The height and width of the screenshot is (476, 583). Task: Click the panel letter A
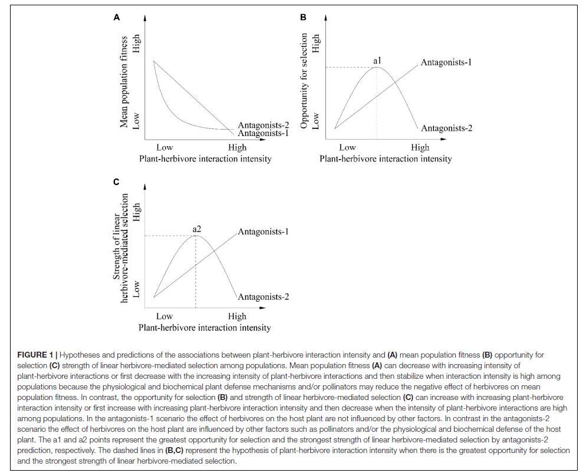click(x=117, y=18)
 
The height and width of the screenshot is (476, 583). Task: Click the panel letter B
click(x=303, y=18)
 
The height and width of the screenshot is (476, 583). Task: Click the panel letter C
click(x=117, y=182)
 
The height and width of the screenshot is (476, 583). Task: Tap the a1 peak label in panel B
click(x=377, y=60)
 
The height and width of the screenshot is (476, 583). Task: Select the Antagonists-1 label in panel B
click(x=446, y=62)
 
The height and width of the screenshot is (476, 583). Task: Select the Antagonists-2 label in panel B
click(x=446, y=128)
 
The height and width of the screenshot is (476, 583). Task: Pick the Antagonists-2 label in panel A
click(x=263, y=125)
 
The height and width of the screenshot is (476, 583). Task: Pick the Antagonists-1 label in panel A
click(x=263, y=133)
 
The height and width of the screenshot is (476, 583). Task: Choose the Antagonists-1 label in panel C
click(x=263, y=232)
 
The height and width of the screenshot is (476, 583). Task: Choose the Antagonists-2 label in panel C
click(x=263, y=297)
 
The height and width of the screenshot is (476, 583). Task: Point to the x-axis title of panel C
click(x=205, y=328)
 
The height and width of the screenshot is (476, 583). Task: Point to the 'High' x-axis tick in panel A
click(x=237, y=147)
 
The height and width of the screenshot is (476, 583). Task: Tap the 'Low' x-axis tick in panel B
click(x=347, y=147)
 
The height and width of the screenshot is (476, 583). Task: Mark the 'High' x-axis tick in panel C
click(x=237, y=316)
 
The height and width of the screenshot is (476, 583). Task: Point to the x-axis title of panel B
click(x=386, y=158)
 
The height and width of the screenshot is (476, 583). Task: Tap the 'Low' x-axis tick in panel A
click(x=164, y=147)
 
